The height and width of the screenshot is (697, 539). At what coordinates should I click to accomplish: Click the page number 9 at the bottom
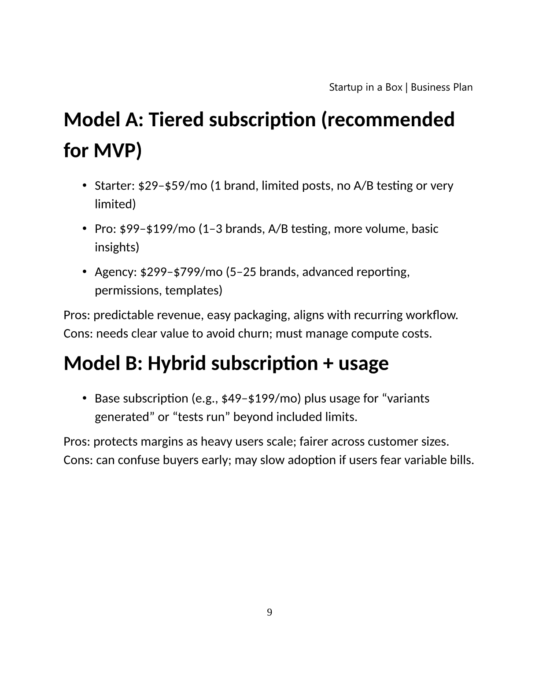pyautogui.click(x=269, y=613)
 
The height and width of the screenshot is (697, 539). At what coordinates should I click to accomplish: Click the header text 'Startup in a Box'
pyautogui.click(x=365, y=87)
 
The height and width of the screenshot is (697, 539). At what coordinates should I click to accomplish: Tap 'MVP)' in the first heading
pyautogui.click(x=118, y=151)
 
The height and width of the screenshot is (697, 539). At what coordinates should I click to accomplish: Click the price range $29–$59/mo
pyautogui.click(x=173, y=186)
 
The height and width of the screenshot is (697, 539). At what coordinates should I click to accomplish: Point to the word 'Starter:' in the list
pyautogui.click(x=114, y=186)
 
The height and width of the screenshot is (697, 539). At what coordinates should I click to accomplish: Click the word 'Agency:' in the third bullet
pyautogui.click(x=116, y=272)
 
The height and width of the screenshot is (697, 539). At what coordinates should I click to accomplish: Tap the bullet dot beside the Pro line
pyautogui.click(x=84, y=229)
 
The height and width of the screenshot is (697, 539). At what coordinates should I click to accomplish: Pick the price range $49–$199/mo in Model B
pyautogui.click(x=262, y=399)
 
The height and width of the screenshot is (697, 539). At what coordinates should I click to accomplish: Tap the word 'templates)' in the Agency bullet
pyautogui.click(x=194, y=290)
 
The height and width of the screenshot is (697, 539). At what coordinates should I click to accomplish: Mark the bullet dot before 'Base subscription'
pyautogui.click(x=84, y=399)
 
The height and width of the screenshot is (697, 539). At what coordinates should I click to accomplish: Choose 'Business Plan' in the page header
pyautogui.click(x=442, y=87)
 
